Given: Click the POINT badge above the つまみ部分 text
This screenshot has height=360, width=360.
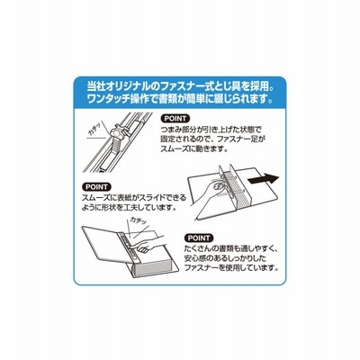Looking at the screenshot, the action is pos(175,118).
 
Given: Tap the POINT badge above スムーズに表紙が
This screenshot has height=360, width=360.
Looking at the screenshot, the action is pos(96,187).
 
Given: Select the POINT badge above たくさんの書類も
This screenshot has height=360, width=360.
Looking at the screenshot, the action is pos(199,238).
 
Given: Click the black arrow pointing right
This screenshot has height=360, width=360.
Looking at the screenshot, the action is pos(263,179).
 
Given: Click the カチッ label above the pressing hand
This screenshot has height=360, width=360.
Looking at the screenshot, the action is pos(137,221).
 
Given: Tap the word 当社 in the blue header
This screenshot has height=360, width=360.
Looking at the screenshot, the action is pos(94,87).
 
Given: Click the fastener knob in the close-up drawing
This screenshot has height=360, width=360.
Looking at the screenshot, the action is pos(119,133).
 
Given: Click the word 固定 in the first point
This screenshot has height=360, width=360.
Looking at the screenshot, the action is pos(168,139).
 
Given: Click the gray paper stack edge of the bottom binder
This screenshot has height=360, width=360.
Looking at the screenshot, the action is pos(153,269).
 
